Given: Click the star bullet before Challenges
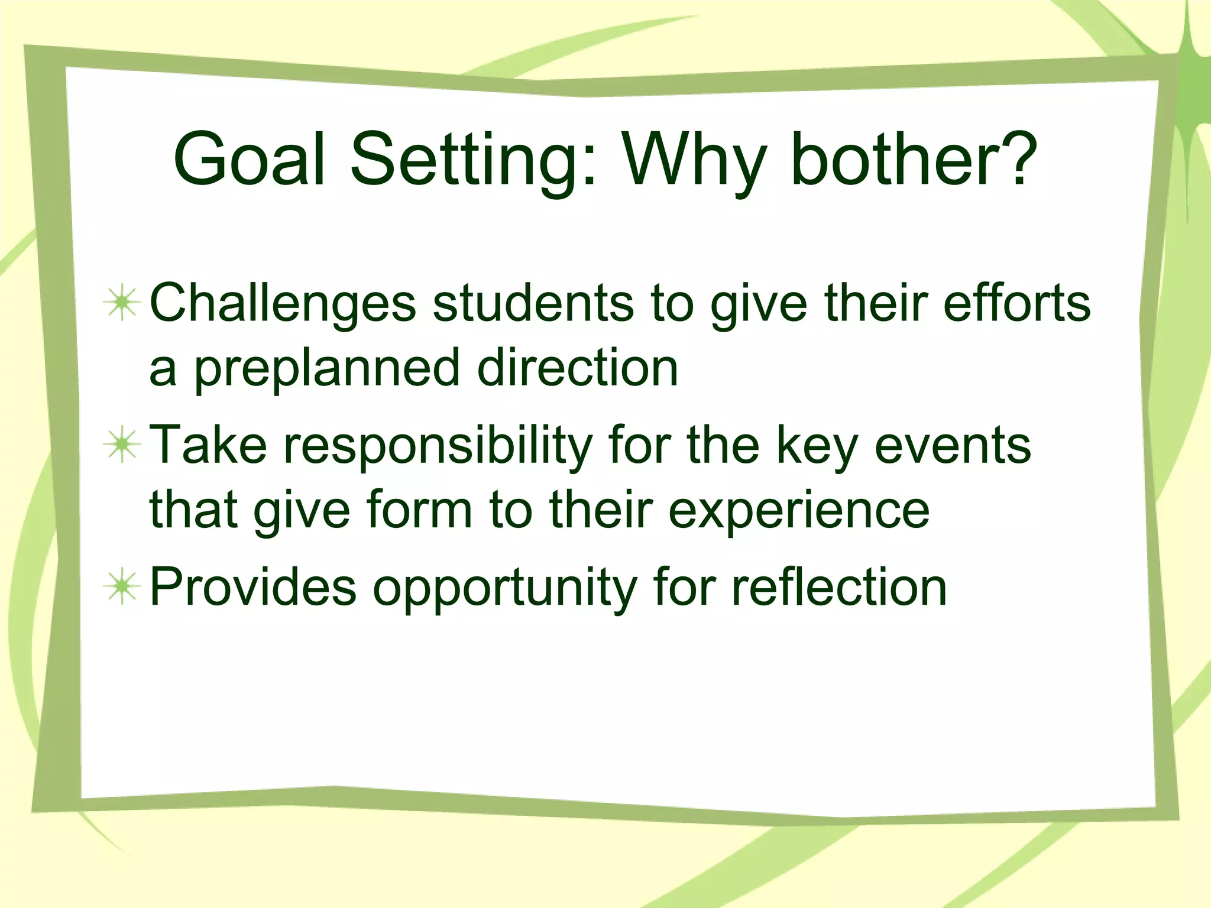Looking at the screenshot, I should pyautogui.click(x=122, y=303).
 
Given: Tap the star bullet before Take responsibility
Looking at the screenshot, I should pyautogui.click(x=122, y=445).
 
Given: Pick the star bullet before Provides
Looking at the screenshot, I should pyautogui.click(x=122, y=587).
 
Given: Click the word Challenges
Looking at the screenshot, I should pyautogui.click(x=283, y=303).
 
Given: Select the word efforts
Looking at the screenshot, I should pyautogui.click(x=1016, y=303).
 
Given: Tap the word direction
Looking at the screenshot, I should pyautogui.click(x=578, y=368).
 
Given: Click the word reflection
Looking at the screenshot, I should pyautogui.click(x=839, y=587).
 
